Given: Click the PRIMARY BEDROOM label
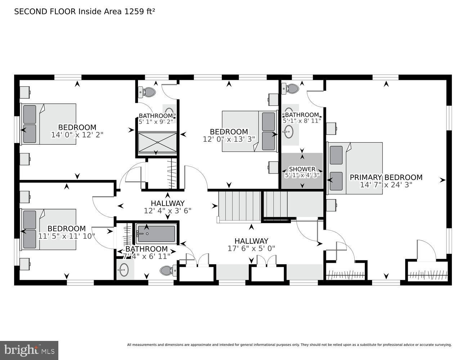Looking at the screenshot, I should (386, 177).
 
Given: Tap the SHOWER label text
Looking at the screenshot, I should (302, 169).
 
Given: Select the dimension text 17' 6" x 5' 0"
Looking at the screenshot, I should (251, 248).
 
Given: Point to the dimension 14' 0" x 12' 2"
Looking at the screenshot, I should (77, 135).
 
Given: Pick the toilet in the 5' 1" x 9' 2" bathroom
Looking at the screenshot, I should (147, 92).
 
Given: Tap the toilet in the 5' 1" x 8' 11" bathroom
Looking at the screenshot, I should (291, 89).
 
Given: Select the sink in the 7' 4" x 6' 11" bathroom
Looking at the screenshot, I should (124, 270).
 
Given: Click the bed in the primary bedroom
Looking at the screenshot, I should (355, 168).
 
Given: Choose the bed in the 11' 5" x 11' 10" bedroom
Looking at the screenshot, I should (49, 229).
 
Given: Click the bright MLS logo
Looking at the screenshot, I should (29, 350).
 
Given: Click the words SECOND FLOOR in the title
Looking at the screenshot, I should (45, 12).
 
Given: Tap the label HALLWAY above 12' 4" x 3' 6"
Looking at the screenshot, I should (167, 203).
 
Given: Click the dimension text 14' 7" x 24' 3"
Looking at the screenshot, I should (386, 185).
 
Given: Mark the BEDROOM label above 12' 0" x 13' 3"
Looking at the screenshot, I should (229, 132).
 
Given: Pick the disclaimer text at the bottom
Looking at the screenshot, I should (289, 345).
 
